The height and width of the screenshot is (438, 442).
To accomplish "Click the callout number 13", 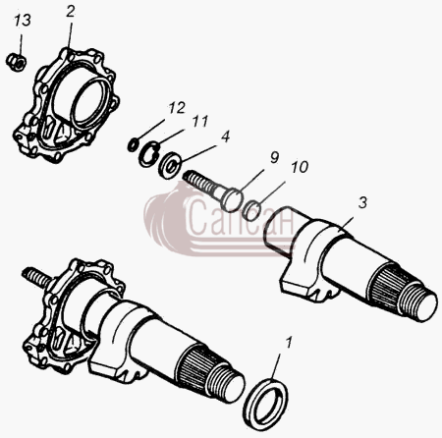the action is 23,21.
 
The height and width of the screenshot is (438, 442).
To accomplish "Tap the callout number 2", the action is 71,12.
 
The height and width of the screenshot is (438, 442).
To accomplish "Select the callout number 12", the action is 177,108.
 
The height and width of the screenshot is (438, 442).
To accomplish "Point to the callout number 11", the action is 200,121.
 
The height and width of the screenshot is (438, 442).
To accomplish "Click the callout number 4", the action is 225,137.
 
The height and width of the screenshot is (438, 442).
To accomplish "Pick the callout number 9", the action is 274,158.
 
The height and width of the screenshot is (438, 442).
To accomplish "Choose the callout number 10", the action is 300,167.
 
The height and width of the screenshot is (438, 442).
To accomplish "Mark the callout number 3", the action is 362,203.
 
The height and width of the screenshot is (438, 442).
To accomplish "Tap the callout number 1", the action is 288,343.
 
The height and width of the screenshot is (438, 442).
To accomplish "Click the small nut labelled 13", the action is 17,61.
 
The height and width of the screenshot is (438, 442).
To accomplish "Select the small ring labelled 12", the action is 132,145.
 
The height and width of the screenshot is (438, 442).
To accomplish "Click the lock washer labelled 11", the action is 148,154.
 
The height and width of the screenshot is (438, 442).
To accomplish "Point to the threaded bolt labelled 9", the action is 213,191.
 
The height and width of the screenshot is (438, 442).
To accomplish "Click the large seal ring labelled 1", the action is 266,404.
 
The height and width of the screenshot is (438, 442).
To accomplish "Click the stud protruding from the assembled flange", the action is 36,277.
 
